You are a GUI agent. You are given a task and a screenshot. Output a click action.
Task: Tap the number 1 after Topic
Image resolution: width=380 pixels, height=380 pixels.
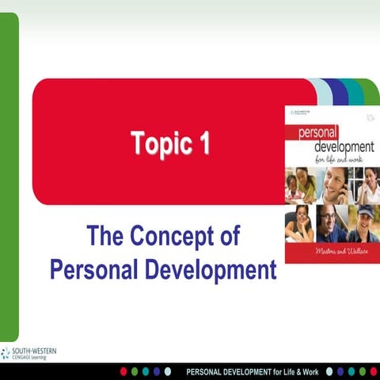coord(203,145)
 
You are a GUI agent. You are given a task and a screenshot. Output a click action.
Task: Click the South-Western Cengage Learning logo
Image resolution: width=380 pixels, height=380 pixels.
coord(28,353)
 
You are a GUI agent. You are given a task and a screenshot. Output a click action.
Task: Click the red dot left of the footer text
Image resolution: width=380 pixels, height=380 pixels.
coord(123,371)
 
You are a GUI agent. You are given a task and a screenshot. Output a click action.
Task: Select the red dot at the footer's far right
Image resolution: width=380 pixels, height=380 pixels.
coord(373,371)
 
